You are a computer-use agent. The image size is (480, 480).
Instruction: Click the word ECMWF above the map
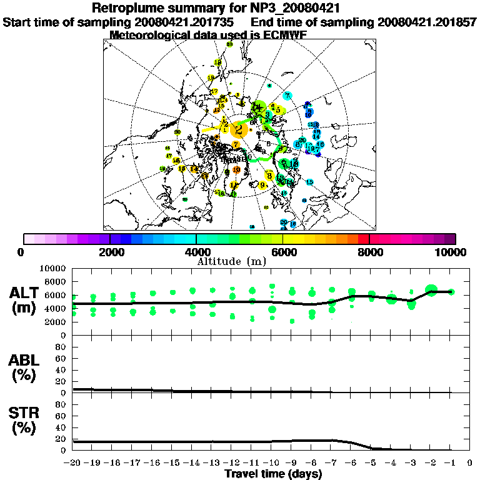pos(284,35)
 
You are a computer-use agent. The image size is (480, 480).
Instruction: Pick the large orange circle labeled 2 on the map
pos(238,130)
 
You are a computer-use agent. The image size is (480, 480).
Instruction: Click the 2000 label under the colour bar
pos(110,252)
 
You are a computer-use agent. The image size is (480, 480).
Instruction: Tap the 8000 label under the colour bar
pos(369,252)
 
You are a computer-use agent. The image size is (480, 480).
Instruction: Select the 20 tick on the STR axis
pos(62,439)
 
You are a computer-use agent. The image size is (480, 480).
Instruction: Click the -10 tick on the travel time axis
pos(271,463)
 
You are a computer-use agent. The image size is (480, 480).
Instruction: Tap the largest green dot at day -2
pos(431,290)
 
